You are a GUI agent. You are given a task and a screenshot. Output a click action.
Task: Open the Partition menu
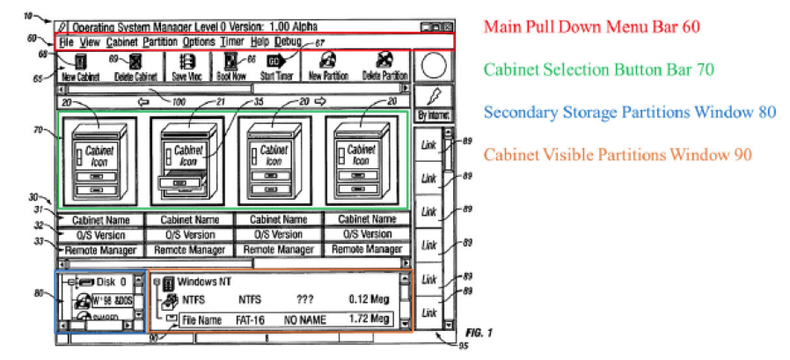tap(160, 41)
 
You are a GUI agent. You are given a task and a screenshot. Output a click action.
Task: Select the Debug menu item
tap(287, 41)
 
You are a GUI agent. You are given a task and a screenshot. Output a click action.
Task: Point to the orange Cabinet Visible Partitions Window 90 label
tap(616, 154)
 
